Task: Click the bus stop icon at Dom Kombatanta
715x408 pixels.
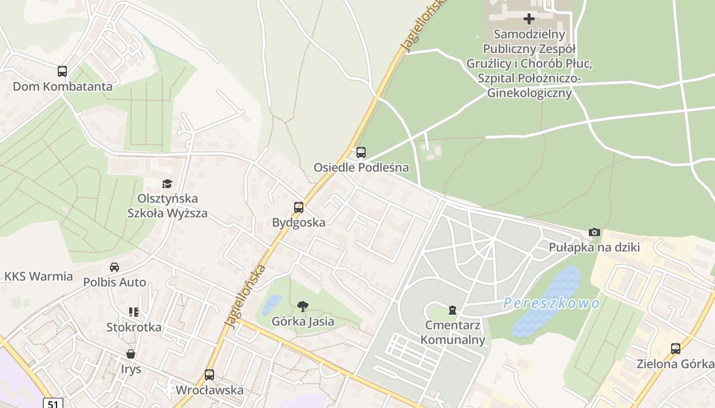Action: pos(62,71)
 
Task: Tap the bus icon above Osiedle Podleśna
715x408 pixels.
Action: pos(361,152)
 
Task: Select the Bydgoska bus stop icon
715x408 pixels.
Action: pos(299,208)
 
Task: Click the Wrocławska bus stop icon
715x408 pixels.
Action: pos(209,375)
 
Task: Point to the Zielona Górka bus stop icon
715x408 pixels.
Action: pos(676,349)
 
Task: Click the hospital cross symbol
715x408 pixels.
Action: pos(529,19)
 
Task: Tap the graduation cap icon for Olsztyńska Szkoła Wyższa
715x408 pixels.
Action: pos(167,184)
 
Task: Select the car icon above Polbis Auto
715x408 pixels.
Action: pos(114,267)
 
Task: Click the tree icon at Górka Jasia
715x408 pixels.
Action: pos(303,306)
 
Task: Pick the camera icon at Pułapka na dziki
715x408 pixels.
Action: pos(594,233)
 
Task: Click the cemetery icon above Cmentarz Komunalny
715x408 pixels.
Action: pos(452,310)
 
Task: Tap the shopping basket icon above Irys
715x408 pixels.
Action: pos(131,354)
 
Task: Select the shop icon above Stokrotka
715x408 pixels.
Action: pos(134,312)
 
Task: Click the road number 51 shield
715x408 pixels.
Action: pos(53,403)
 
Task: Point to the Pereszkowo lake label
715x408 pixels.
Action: pos(552,303)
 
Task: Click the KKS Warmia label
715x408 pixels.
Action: pos(39,276)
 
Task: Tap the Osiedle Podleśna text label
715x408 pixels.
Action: pos(361,167)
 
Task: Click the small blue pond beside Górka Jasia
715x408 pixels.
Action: pos(271,304)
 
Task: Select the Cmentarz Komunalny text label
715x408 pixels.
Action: pos(452,332)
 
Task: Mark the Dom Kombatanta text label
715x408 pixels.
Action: pos(62,86)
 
